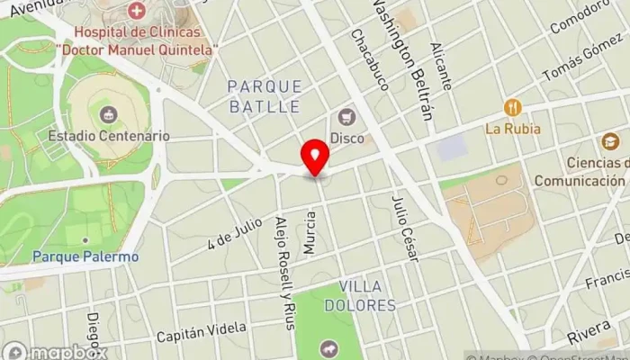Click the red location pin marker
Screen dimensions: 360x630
click(315, 158)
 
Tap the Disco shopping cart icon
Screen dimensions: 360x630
click(346, 116)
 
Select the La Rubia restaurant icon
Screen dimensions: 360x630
click(512, 108)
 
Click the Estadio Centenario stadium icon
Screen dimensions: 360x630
click(109, 114)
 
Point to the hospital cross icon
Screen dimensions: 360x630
click(137, 12)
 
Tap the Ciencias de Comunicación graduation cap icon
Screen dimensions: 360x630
click(611, 141)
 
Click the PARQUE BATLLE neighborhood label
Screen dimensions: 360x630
click(264, 96)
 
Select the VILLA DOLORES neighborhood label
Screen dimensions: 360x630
click(367, 296)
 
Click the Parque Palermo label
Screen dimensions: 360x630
click(85, 256)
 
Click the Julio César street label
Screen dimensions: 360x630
click(405, 229)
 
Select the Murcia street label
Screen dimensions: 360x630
click(310, 231)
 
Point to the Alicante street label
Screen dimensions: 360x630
click(441, 66)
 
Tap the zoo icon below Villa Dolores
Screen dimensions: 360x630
click(327, 347)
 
